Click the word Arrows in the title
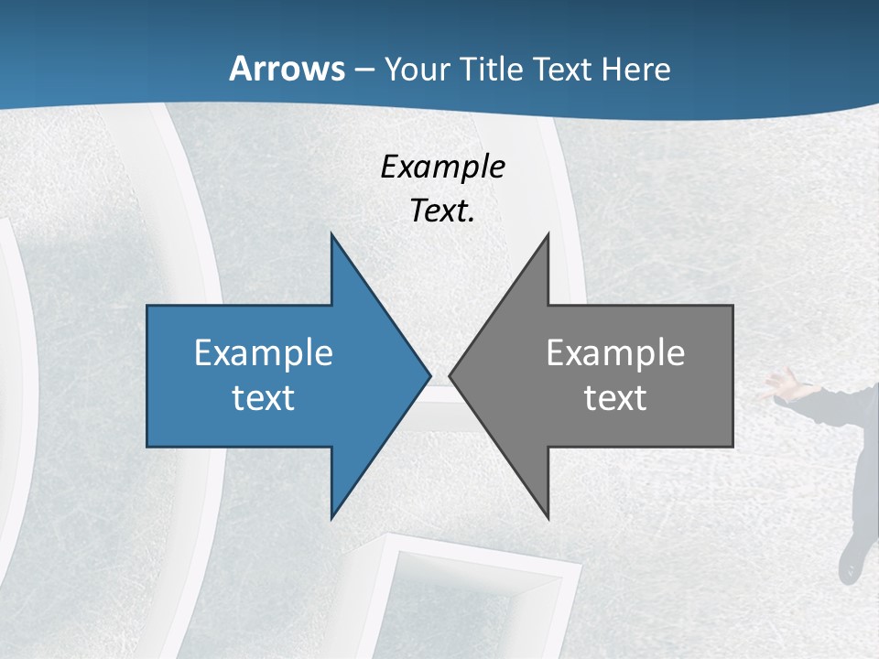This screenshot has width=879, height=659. pos(288,69)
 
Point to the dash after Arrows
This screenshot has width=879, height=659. pos(364,70)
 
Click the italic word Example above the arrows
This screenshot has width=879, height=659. pos(442,167)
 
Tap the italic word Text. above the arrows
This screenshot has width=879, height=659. pos(442,211)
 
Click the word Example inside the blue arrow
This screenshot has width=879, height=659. pos(263,353)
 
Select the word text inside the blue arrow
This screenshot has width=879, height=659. pos(263,398)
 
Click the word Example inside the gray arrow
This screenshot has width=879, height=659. pos(615,353)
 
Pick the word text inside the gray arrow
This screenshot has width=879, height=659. pos(615,398)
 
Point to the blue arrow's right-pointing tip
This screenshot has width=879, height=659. pos(429,375)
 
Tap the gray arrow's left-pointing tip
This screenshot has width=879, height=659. pos(450,375)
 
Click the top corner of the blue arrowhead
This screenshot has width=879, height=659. pos(331,236)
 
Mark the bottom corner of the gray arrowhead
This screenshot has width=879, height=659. pos(548,517)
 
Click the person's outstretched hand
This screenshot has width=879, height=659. pos(778,384)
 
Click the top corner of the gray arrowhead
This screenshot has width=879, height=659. pos(548,236)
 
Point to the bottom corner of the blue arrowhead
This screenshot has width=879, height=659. pos(331,517)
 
